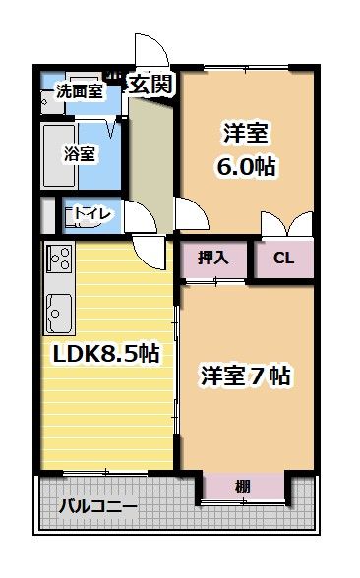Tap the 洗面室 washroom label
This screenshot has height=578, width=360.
79,92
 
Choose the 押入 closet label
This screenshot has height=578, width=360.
213,260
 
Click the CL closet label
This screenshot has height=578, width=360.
283,260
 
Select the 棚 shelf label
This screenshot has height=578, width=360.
243,486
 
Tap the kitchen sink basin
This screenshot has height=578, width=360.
57,313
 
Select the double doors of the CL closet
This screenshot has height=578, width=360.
285,225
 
